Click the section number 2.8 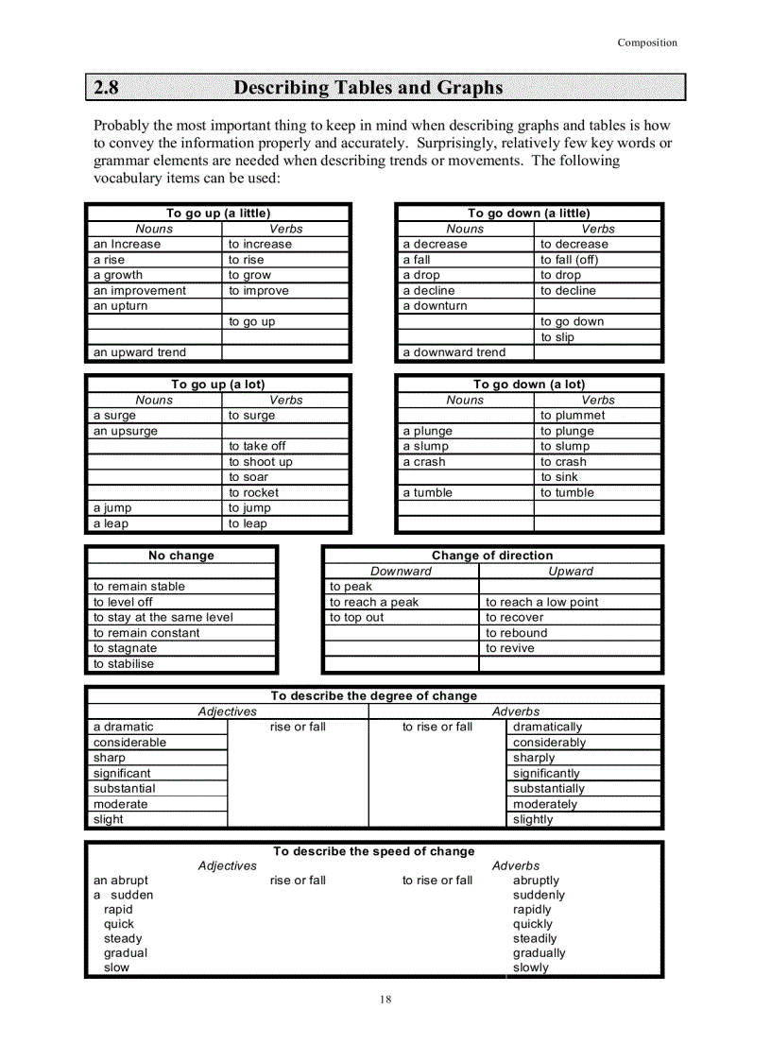[x=107, y=88]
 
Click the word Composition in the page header [x=647, y=43]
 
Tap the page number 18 [x=385, y=1000]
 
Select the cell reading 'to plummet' [x=573, y=415]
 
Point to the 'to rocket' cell [x=253, y=492]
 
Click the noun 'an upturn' [x=120, y=306]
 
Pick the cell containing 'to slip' [x=557, y=337]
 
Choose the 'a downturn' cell [x=435, y=306]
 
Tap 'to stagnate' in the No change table [x=125, y=648]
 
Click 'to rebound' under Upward [x=516, y=633]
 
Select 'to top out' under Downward [x=356, y=617]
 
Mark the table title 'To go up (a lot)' [x=217, y=385]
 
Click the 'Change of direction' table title [x=492, y=556]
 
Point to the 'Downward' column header [x=401, y=571]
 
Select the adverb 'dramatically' [x=547, y=727]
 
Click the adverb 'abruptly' [x=536, y=881]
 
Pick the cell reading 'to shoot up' [x=260, y=462]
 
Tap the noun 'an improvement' [x=139, y=291]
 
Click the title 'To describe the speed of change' [x=374, y=851]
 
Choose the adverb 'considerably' [x=549, y=743]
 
